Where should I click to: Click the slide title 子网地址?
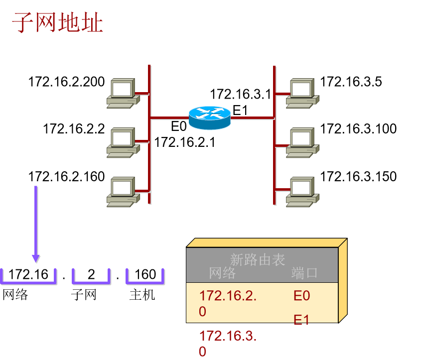(x=57, y=23)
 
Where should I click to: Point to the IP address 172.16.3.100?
(x=358, y=129)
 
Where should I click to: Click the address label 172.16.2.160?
(x=67, y=177)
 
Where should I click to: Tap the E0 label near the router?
(x=178, y=126)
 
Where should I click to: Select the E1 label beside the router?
(x=240, y=111)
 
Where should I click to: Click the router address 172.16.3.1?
(x=240, y=94)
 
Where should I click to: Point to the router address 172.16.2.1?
(x=184, y=142)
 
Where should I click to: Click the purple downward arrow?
(x=36, y=224)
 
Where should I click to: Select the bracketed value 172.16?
(x=29, y=274)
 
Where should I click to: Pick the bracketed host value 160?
(x=145, y=274)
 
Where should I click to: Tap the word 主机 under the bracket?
(x=142, y=294)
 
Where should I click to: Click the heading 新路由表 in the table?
(x=258, y=259)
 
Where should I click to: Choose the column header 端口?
(x=304, y=273)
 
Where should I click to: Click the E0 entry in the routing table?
(x=301, y=296)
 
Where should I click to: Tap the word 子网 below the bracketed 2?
(x=84, y=294)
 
